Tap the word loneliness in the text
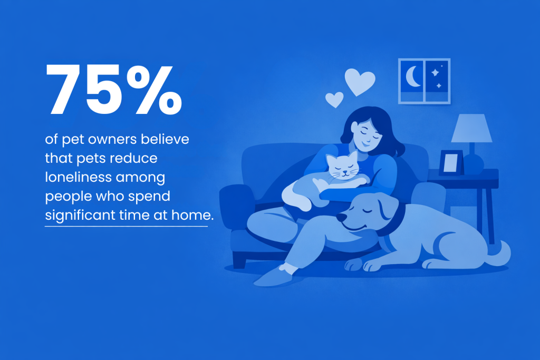click(78, 178)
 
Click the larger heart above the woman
click(360, 82)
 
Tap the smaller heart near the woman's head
click(334, 99)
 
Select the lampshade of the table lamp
click(471, 129)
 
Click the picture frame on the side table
click(451, 163)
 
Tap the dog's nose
click(341, 217)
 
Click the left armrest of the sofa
click(236, 203)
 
